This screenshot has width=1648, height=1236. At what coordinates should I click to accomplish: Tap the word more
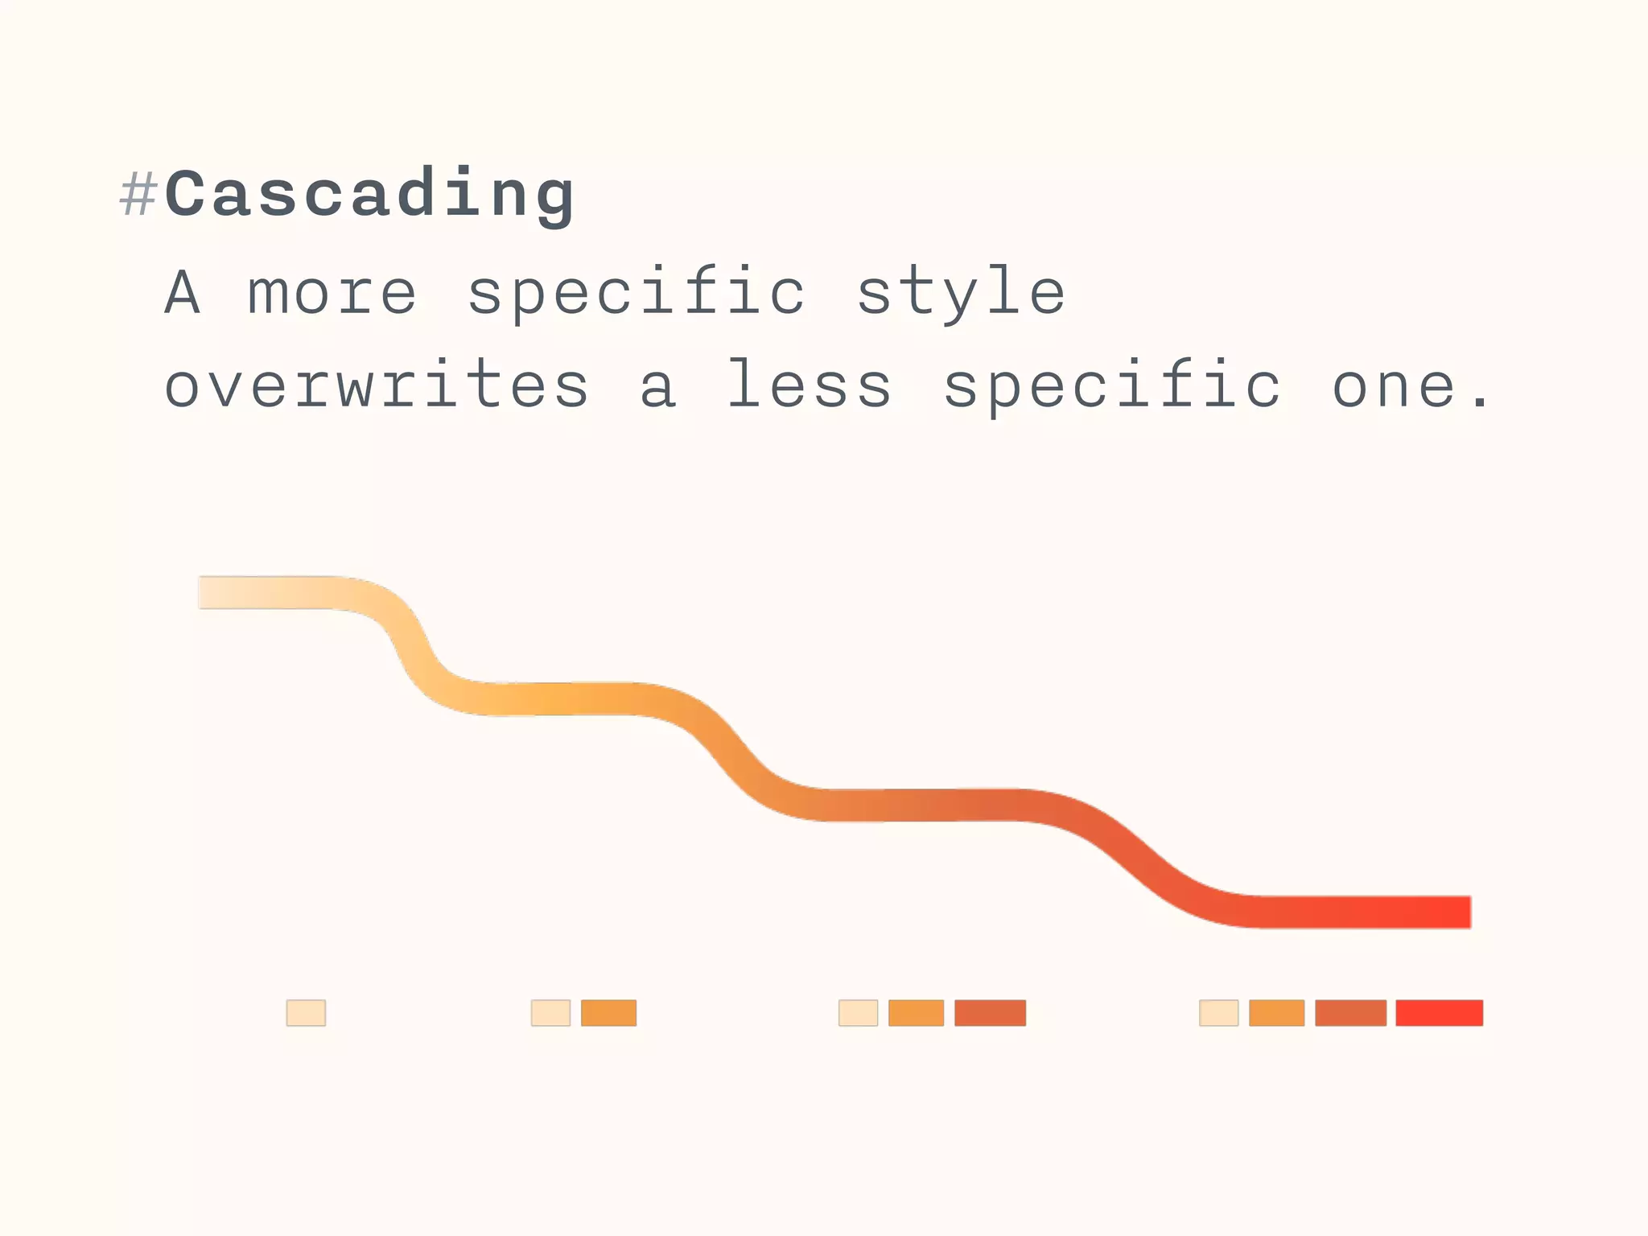coord(332,293)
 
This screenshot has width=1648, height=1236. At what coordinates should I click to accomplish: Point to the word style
coord(961,293)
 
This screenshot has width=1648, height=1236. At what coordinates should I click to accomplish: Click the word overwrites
coord(377,386)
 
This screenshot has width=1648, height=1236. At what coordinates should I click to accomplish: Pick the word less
coord(810,386)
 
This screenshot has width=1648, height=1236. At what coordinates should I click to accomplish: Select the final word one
coord(1396,386)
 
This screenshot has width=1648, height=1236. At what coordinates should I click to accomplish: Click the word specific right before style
coord(636,293)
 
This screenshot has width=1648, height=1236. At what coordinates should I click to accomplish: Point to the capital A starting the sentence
coord(183,293)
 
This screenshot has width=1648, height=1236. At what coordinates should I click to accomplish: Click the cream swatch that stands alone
coord(306,1012)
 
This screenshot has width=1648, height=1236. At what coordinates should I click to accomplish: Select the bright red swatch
coord(1439,1012)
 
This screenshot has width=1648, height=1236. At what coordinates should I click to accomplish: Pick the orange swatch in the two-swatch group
coord(608,1012)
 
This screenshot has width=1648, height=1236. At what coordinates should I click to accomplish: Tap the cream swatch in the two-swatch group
coord(550,1012)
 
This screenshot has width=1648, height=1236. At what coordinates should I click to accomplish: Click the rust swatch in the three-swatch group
coord(990,1012)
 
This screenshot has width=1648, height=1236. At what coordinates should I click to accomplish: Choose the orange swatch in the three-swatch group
coord(916,1012)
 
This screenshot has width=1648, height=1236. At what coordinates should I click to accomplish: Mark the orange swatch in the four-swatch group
coord(1276,1012)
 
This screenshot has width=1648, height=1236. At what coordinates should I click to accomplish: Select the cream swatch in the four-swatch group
coord(1218,1012)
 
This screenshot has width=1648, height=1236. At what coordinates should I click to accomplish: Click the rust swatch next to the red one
coord(1350,1012)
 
